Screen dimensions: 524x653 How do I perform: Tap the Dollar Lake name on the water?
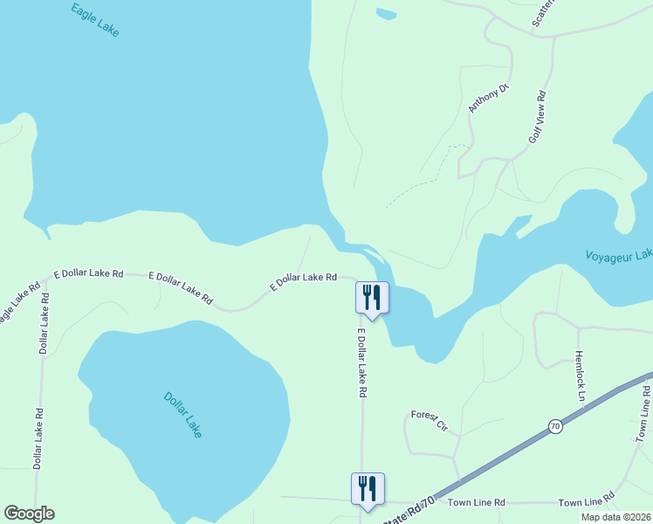(x=182, y=414)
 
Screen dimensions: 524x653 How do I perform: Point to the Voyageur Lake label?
(x=618, y=255)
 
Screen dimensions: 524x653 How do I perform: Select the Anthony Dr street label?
(x=488, y=98)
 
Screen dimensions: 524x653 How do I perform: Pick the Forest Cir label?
(x=430, y=422)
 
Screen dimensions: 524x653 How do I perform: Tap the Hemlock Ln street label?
(x=579, y=376)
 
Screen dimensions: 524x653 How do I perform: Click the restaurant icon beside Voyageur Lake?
(x=372, y=298)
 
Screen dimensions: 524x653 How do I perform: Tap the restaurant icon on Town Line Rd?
(x=368, y=488)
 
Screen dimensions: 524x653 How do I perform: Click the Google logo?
(x=29, y=514)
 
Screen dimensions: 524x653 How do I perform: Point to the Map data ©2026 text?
(x=615, y=517)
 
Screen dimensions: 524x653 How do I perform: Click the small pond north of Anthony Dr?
(x=385, y=13)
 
